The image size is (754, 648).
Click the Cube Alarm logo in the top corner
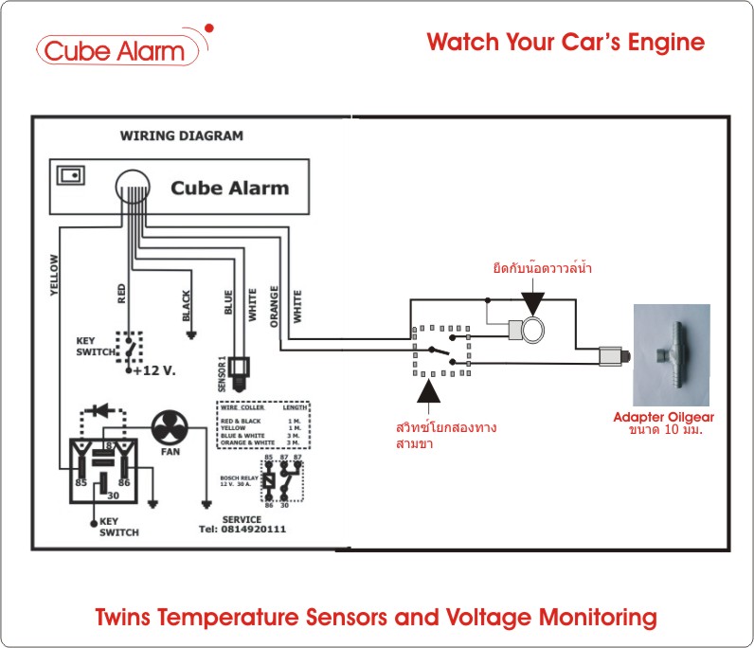119,50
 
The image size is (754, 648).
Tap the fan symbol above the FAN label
171,428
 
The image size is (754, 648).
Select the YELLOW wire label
54,276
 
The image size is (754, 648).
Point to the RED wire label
121,293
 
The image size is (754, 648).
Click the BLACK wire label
186,306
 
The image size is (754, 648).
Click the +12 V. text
155,370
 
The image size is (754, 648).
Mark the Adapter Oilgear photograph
672,355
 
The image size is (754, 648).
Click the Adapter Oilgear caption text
663,417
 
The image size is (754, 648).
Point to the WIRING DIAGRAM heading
181,135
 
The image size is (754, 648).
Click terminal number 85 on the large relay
82,483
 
